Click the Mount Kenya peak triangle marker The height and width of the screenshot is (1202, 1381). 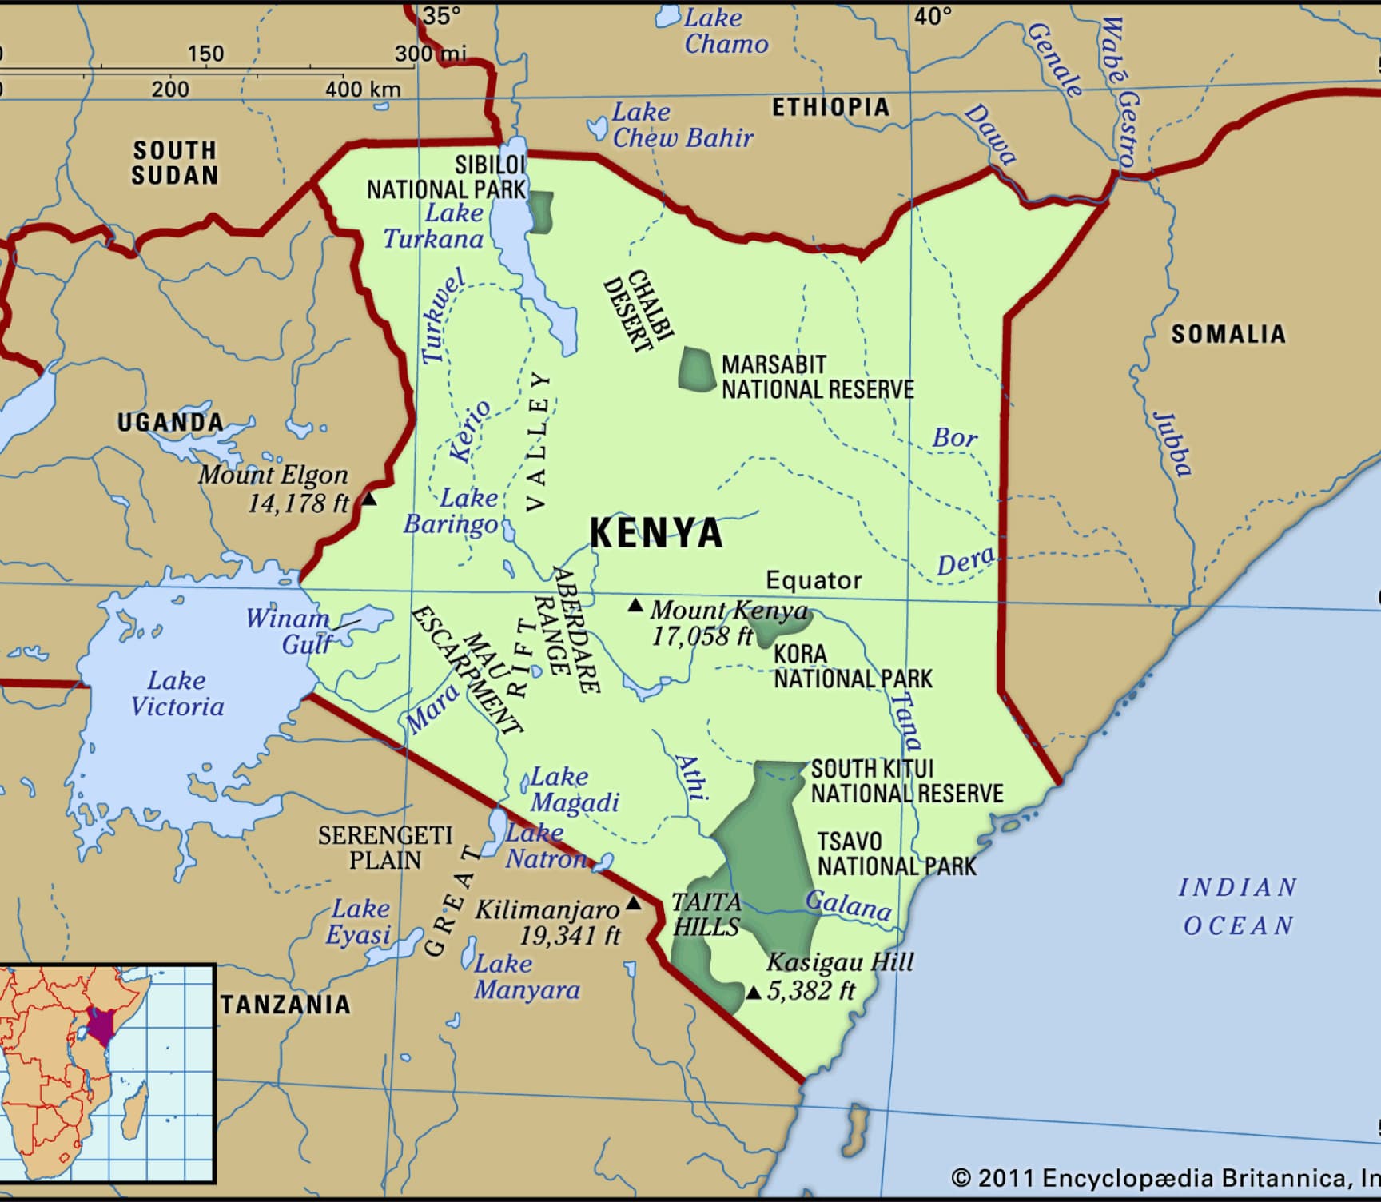tap(635, 606)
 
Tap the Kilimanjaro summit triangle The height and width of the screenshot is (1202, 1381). tap(633, 904)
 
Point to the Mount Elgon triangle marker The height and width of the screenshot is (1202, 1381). tap(368, 499)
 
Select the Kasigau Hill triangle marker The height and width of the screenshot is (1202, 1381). tap(753, 993)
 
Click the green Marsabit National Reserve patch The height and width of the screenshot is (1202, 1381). tap(696, 368)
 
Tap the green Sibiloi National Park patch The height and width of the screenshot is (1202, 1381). tap(542, 212)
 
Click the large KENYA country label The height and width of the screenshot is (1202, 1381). tap(656, 533)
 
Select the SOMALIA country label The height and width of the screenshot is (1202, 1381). tap(1228, 334)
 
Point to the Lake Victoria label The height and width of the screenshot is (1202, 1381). tap(177, 694)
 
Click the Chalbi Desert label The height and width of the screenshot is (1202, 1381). tap(639, 312)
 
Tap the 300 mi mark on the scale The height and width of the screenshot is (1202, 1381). tap(429, 54)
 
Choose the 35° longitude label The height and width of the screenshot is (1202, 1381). tap(442, 15)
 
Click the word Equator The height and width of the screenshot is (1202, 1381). tap(814, 580)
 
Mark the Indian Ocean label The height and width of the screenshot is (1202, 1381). tap(1238, 906)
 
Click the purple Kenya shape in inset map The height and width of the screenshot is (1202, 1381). tap(101, 1025)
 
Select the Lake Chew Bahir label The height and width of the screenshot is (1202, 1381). tap(682, 125)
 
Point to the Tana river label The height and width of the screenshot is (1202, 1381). tap(905, 720)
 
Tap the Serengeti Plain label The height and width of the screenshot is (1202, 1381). tap(385, 848)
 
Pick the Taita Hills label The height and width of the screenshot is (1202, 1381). tap(706, 914)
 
